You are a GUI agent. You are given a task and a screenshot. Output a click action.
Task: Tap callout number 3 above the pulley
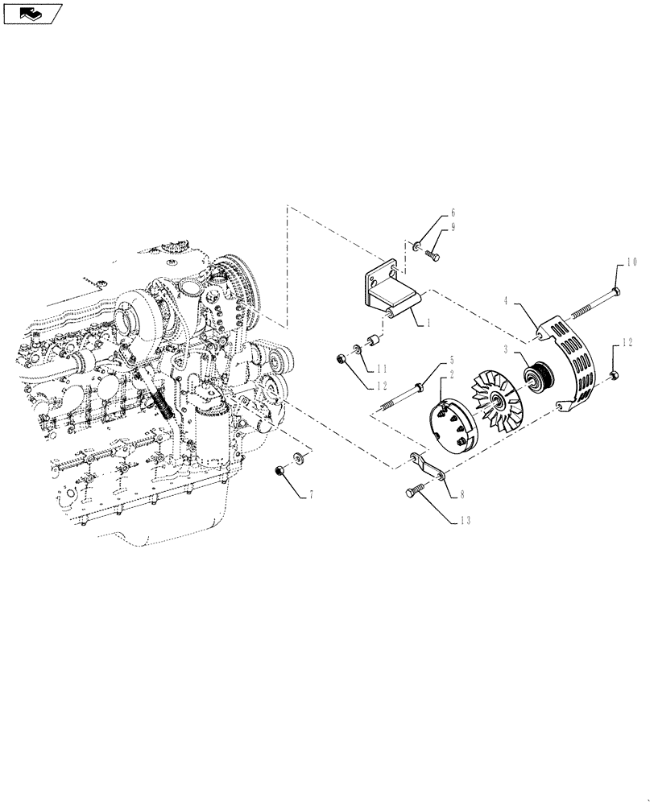(507, 350)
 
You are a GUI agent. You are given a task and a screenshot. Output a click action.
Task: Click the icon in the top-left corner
(32, 12)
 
